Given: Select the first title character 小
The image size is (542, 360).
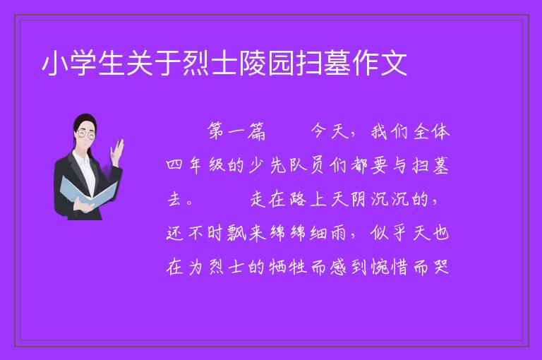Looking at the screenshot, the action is pyautogui.click(x=55, y=64).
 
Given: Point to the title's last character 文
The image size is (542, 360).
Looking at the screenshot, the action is pyautogui.click(x=394, y=64).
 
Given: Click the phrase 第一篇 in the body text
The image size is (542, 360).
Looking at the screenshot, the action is pyautogui.click(x=236, y=131).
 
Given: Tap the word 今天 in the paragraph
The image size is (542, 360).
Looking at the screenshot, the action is pyautogui.click(x=330, y=131).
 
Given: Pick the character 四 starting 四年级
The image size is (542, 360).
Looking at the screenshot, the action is pyautogui.click(x=174, y=165).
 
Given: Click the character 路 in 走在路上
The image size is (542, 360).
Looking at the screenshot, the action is pyautogui.click(x=297, y=199).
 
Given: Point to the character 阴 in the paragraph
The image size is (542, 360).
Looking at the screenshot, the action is pyautogui.click(x=358, y=199).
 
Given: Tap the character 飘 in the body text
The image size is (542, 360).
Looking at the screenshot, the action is pyautogui.click(x=236, y=232).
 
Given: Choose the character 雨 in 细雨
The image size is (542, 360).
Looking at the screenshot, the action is pyautogui.click(x=338, y=233).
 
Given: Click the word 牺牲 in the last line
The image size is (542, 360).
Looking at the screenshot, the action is pyautogui.click(x=288, y=267).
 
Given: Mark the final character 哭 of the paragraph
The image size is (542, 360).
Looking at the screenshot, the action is pyautogui.click(x=441, y=267).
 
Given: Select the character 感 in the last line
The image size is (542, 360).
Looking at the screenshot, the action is pyautogui.click(x=338, y=267).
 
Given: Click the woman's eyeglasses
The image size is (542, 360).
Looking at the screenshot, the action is pyautogui.click(x=86, y=134).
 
